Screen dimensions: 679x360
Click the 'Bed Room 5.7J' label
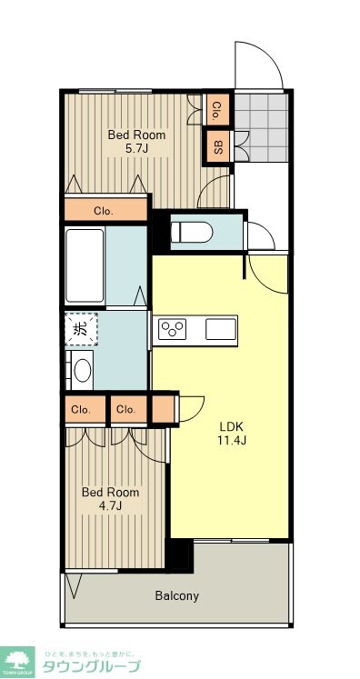coord(136,142)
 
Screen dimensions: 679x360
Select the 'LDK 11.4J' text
coord(232,433)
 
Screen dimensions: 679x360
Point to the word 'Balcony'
coord(176,596)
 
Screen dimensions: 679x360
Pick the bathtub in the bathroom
coord(85,265)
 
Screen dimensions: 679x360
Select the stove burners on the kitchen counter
coord(171,328)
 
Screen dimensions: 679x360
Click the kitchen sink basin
coord(220,328)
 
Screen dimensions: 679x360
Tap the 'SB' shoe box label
coord(217,145)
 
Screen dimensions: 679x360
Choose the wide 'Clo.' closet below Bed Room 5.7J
coord(105,210)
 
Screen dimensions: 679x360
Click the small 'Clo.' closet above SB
coord(217,111)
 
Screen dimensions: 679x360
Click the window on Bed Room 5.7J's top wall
coord(115,90)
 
